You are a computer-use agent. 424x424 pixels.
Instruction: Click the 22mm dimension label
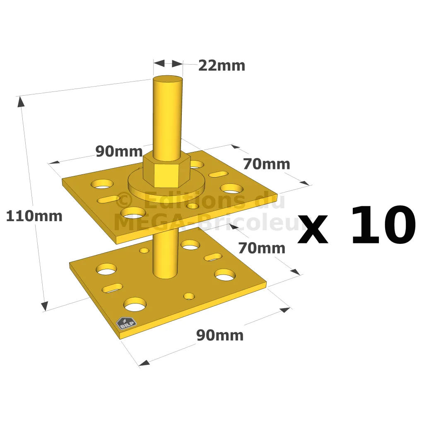coord(222,66)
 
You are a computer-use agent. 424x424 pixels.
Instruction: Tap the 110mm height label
coord(34,216)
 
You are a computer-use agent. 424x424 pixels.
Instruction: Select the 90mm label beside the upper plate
coord(119,151)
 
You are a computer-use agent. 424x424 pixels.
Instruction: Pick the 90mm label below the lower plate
coord(220,335)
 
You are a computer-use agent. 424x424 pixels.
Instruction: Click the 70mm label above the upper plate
coord(267,164)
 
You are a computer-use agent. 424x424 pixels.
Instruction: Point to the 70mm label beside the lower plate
coord(262,248)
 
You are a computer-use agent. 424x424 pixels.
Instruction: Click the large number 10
coord(383,225)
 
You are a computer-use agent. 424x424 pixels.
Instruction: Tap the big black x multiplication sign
coord(313,230)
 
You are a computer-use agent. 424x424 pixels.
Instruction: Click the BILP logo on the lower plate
coord(126,323)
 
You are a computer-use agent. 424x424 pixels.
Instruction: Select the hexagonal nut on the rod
coord(166,170)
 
